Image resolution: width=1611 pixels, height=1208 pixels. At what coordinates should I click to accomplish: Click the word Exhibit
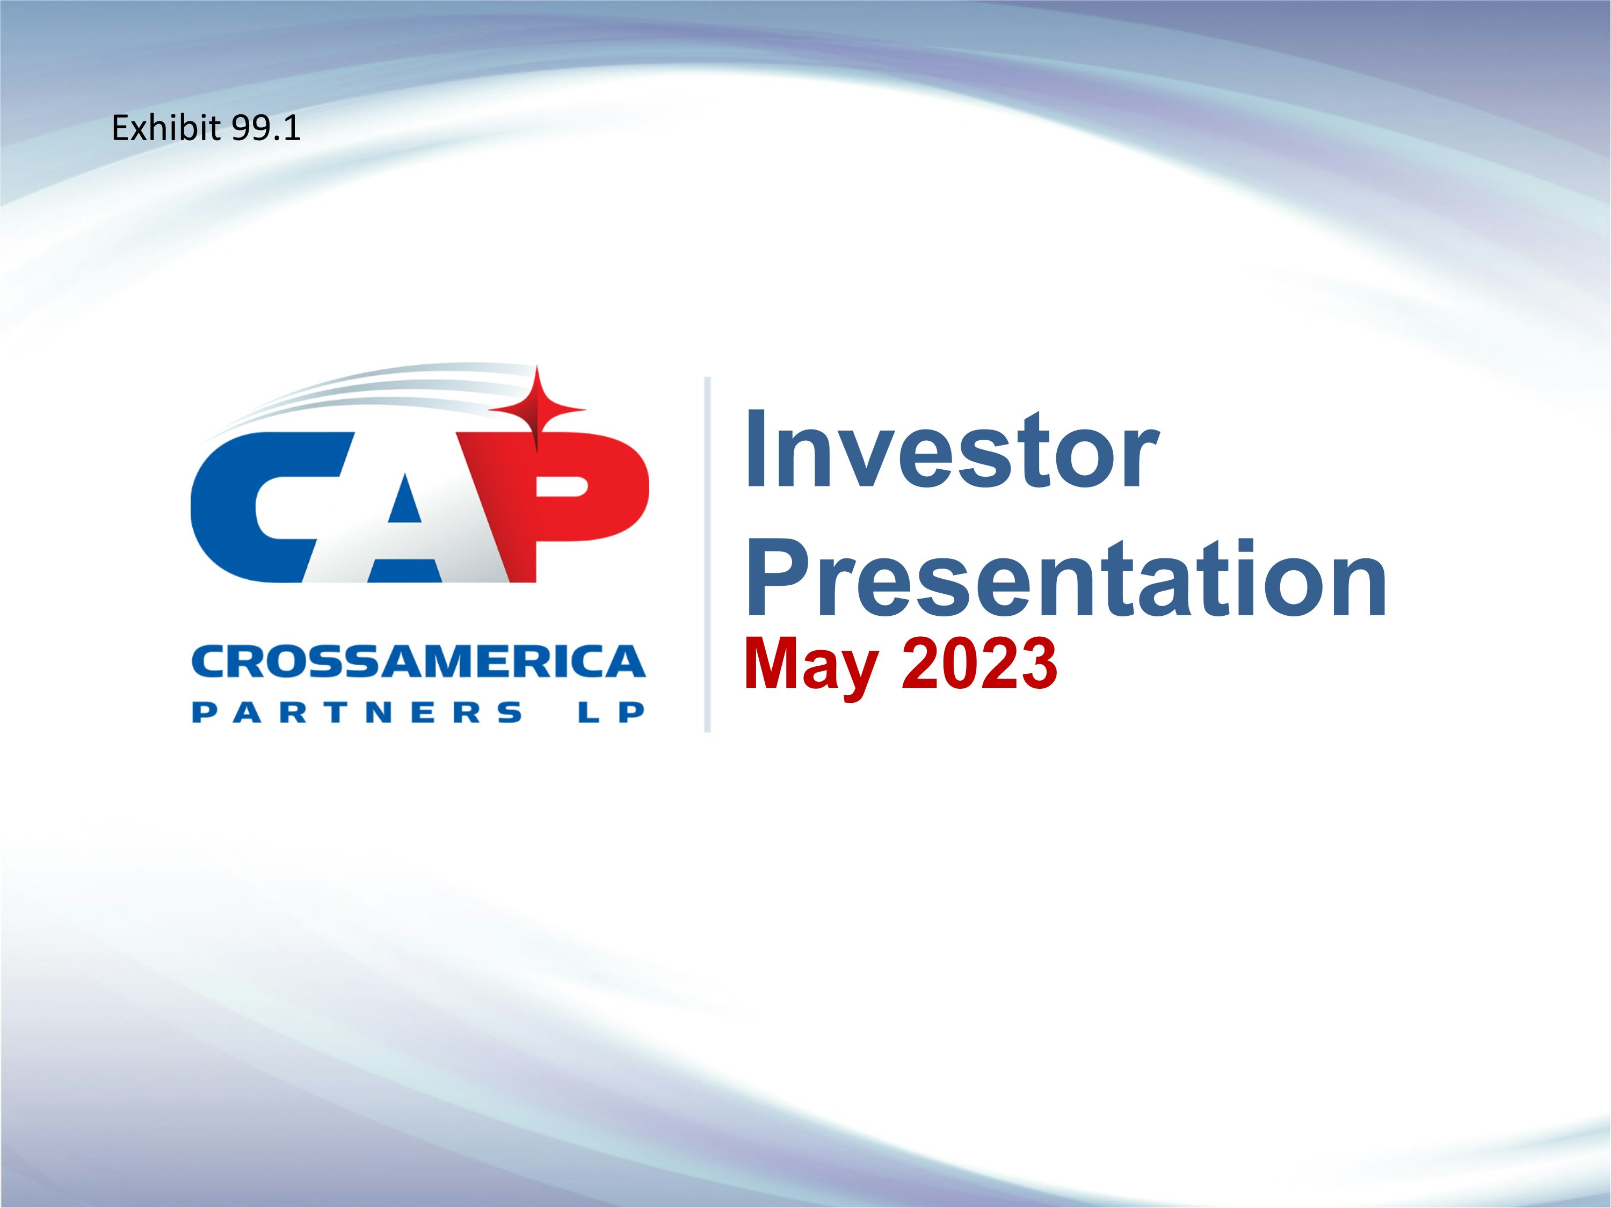pyautogui.click(x=165, y=129)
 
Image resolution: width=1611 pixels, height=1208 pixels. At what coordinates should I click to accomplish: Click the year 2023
pyautogui.click(x=979, y=664)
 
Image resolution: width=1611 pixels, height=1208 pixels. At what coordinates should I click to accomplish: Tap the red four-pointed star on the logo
pyautogui.click(x=538, y=409)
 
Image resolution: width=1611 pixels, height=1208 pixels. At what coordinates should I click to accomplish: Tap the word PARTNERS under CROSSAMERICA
pyautogui.click(x=357, y=712)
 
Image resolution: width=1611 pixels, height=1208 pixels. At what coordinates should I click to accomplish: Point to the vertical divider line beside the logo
pyautogui.click(x=707, y=554)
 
